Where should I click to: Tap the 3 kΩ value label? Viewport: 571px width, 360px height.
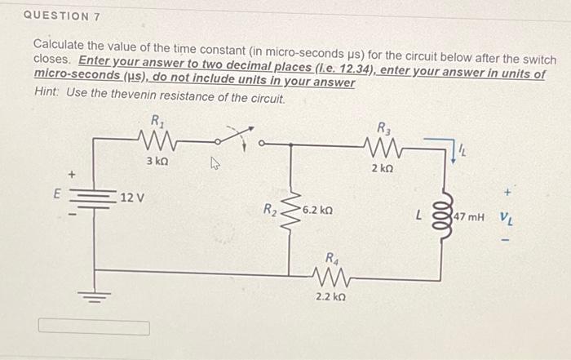pyautogui.click(x=157, y=161)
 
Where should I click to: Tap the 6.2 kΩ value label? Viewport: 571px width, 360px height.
pyautogui.click(x=317, y=211)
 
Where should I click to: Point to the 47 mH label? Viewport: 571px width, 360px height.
pyautogui.click(x=471, y=219)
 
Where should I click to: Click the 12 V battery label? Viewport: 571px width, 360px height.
pyautogui.click(x=131, y=198)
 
